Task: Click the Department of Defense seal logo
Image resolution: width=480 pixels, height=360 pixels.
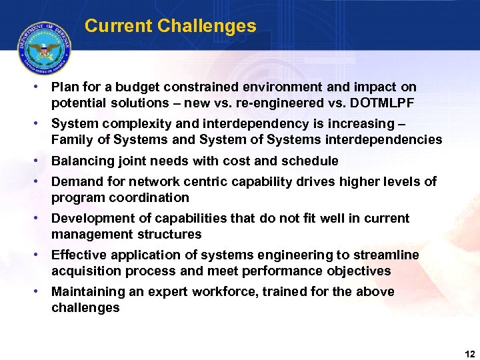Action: click(45, 48)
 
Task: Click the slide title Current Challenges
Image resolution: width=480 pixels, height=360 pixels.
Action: click(170, 26)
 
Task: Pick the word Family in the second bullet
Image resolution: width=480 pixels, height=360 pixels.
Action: click(71, 140)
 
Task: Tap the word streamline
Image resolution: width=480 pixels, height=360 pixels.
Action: click(387, 255)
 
